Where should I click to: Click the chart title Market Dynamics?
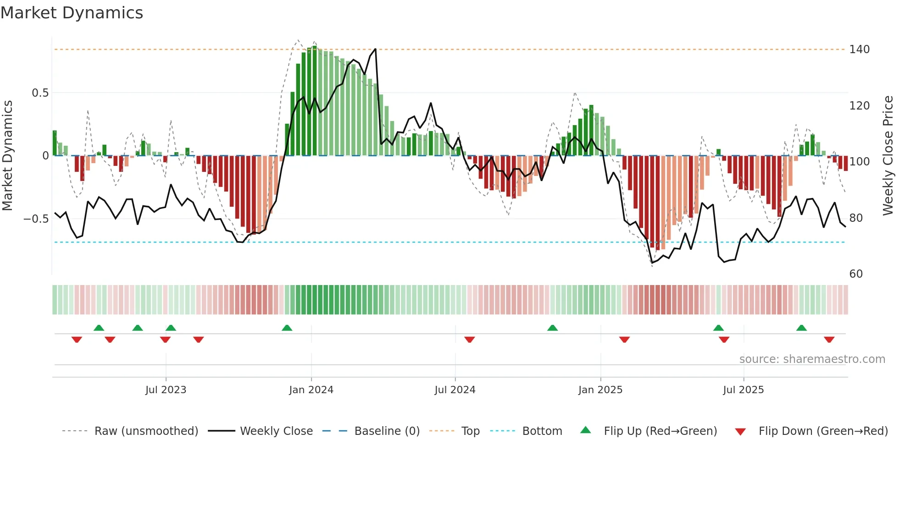pos(72,13)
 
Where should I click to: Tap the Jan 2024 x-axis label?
pos(311,390)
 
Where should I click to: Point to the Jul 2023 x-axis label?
pos(166,390)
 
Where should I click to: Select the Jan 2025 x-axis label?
pos(600,390)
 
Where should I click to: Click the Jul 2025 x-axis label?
pos(743,390)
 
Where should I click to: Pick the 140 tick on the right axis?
pos(859,49)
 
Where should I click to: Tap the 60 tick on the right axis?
pos(856,274)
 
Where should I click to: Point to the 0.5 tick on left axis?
pos(40,93)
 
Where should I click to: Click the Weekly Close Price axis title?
pos(888,155)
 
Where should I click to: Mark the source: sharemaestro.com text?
pos(812,359)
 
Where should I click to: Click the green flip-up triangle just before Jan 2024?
pos(287,328)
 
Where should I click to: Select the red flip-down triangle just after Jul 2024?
pos(469,340)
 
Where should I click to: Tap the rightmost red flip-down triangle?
pos(829,340)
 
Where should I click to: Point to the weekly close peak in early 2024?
pos(375,49)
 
